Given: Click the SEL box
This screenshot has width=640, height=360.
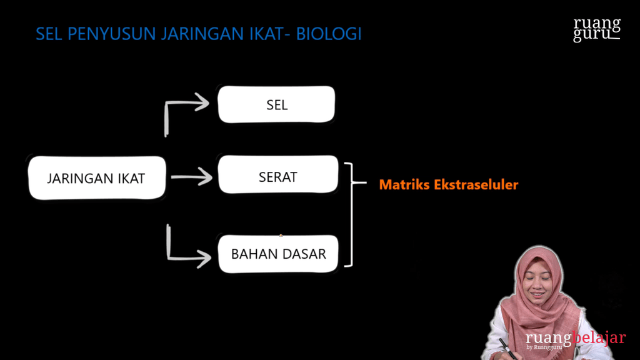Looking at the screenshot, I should pos(276,104).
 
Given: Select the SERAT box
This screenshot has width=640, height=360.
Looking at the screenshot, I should pos(277,176).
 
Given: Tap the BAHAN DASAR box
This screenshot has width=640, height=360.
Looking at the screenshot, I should pos(278,254).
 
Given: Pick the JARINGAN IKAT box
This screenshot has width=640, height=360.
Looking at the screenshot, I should pos(96,178).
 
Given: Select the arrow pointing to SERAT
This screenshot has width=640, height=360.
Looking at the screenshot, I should pos(191,177).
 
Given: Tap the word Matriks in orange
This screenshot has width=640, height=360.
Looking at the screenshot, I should pos(404,184).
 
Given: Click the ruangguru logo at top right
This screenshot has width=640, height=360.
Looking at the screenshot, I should pos(597,29).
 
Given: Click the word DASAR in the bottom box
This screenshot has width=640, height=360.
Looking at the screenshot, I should pos(303,254).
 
